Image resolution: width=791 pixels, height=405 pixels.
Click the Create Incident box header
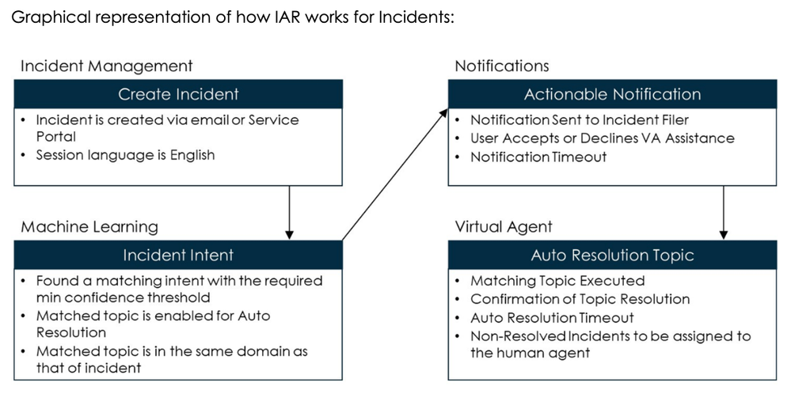pos(178,94)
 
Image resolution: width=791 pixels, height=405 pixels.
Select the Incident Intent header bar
pos(178,255)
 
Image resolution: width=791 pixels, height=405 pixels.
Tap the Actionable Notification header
pos(612,94)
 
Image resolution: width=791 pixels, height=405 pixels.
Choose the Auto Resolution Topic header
pos(612,255)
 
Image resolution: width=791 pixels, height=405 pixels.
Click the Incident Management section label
pos(106,66)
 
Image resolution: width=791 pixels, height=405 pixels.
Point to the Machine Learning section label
pos(89,227)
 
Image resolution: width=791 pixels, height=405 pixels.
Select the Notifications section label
pos(501,66)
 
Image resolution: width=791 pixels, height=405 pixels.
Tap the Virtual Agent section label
pos(504,227)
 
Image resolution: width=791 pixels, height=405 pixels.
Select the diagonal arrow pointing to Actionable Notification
pos(394,175)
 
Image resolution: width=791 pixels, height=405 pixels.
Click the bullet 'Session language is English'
pos(125,155)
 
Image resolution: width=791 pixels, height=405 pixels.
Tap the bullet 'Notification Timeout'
pos(538,157)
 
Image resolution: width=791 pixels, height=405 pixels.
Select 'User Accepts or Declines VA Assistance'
pos(602,138)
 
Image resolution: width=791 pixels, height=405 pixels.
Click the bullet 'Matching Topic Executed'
pos(557,281)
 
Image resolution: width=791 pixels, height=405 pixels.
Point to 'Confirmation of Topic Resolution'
pos(580,299)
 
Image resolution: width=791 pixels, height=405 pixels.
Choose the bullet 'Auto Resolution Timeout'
pos(552,317)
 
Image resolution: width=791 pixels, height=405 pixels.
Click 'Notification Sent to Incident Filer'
pos(580,120)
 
